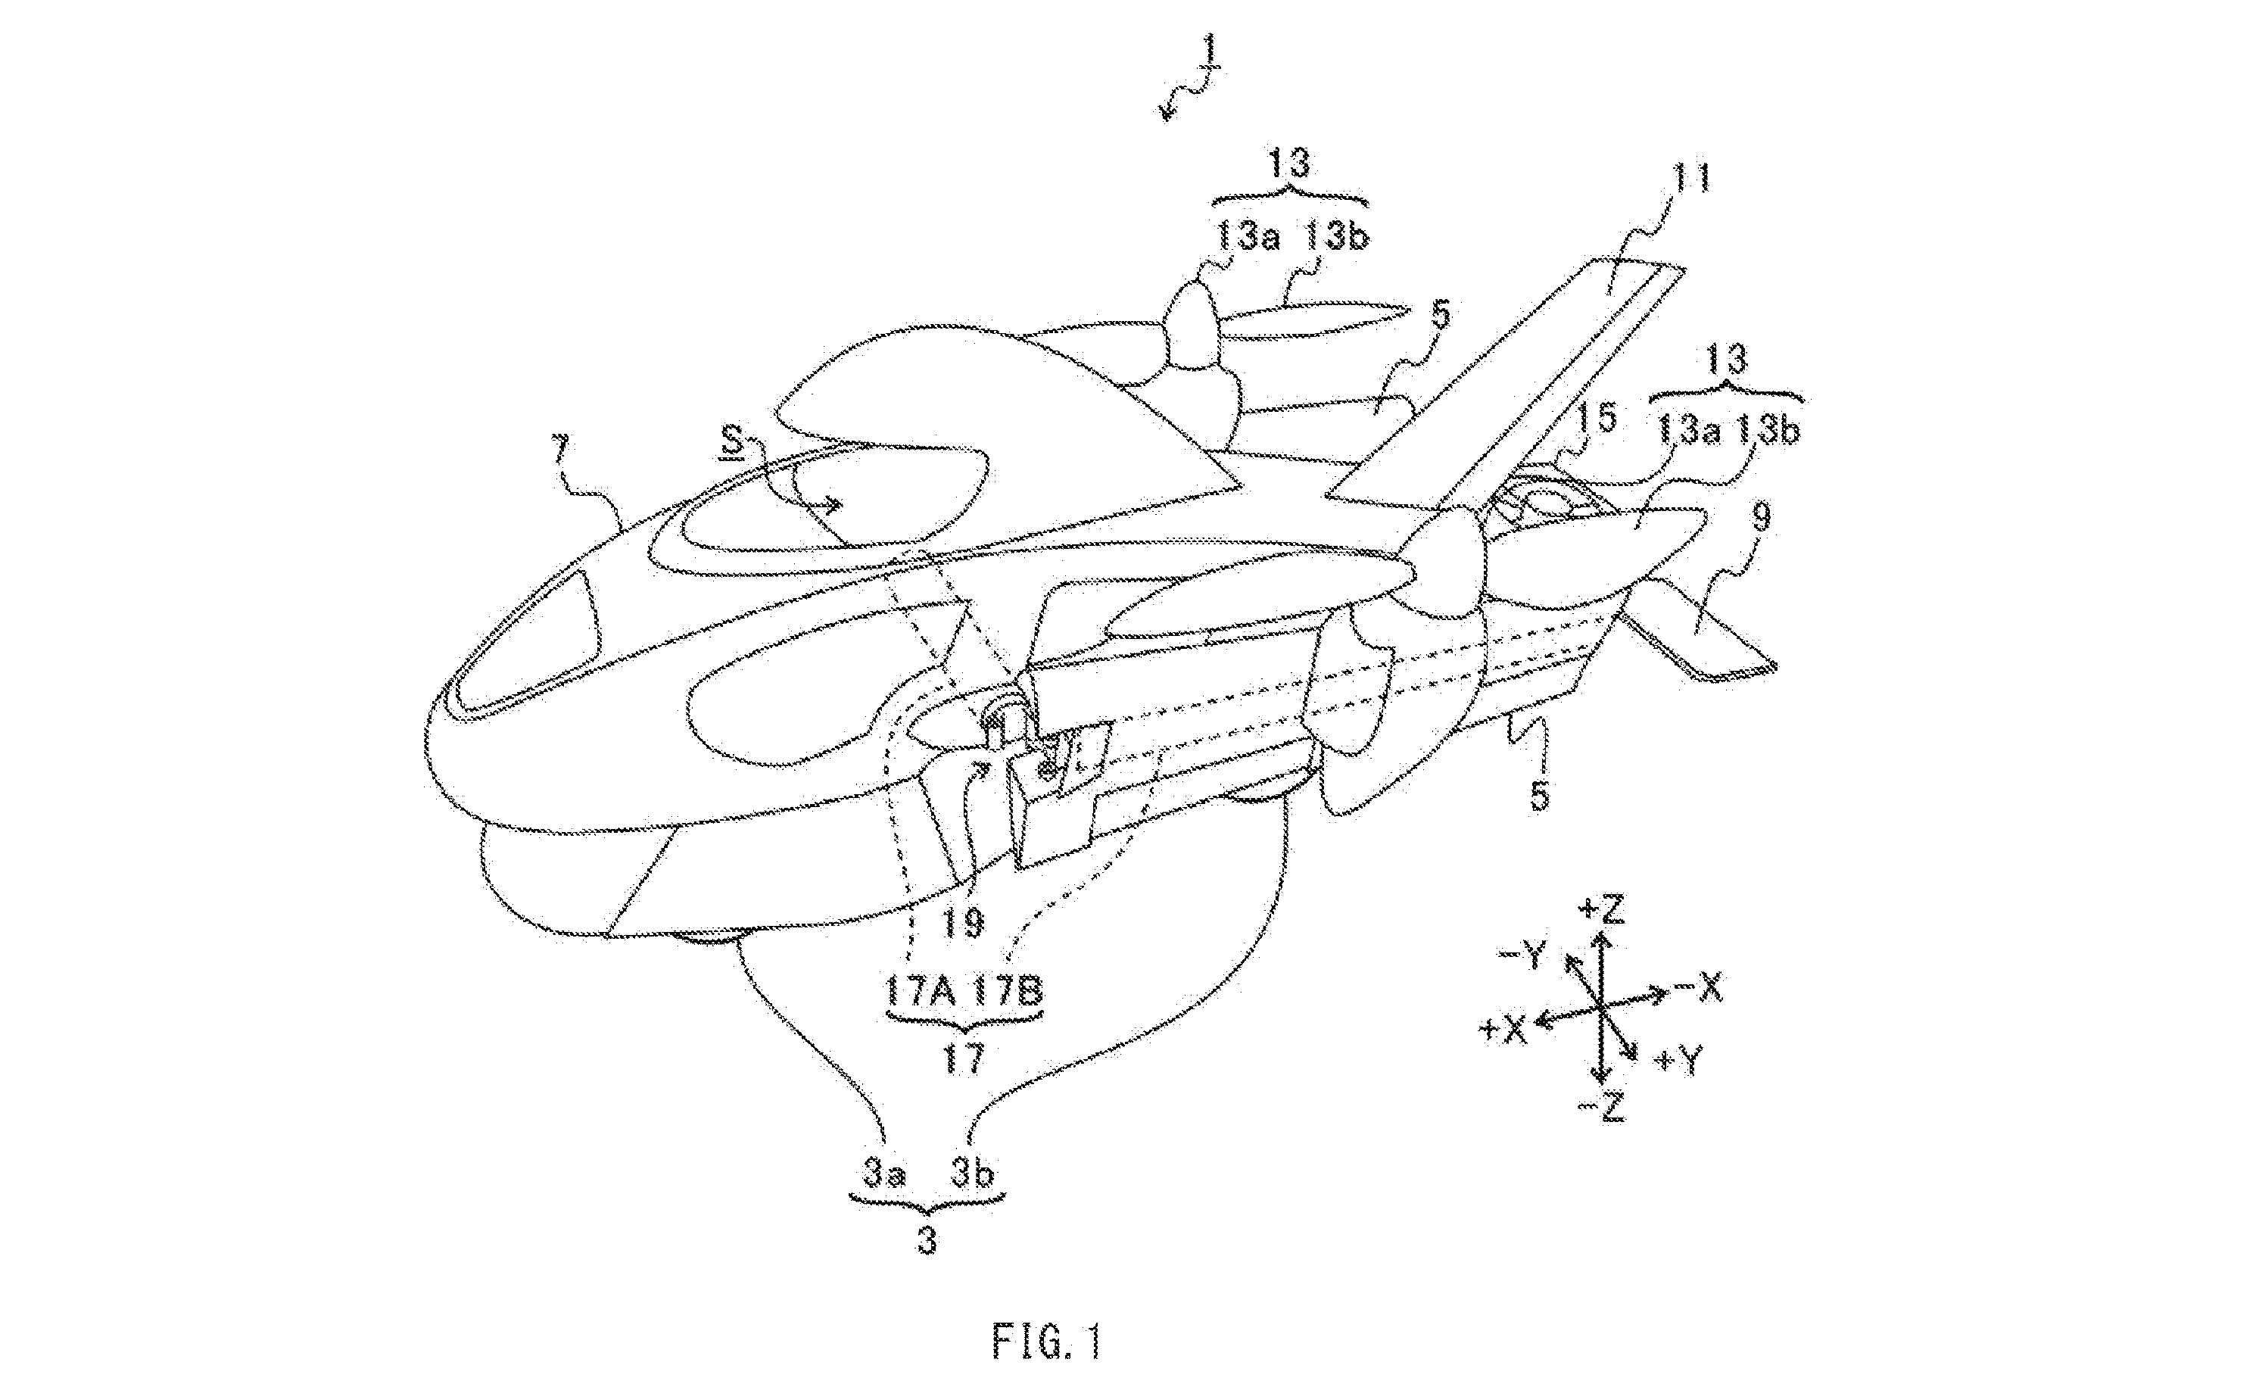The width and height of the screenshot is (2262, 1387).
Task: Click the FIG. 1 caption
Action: click(1045, 1339)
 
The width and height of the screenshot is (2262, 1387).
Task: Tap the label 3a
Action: click(883, 1175)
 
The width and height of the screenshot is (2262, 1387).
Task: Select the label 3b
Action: click(972, 1175)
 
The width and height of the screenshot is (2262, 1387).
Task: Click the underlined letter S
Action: click(731, 446)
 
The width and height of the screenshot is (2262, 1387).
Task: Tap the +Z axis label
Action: click(1602, 910)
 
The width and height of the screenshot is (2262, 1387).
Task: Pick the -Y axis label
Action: click(1525, 958)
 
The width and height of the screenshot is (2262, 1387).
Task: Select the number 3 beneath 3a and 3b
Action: click(927, 1242)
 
